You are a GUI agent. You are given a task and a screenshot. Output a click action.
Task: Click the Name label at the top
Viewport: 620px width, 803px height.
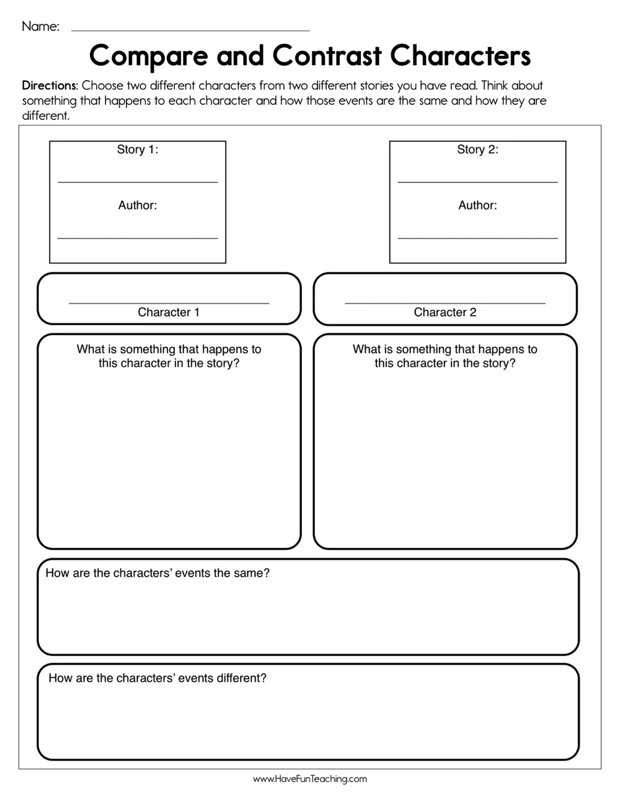pos(40,26)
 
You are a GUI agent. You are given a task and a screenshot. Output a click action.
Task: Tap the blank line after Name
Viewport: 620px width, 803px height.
pos(190,30)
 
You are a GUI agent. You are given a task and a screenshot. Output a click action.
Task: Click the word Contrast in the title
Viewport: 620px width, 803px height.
pos(327,56)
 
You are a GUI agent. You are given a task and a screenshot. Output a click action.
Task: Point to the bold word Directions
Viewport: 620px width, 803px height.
pos(50,86)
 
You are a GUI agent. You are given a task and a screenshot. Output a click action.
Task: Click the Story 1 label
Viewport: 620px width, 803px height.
pos(138,150)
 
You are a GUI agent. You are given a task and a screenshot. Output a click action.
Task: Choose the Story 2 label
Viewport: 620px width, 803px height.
pos(477,150)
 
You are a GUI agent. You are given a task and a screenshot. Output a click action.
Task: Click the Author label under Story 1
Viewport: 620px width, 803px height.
pos(138,205)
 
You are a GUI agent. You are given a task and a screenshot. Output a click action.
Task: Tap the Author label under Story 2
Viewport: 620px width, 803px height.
pos(477,205)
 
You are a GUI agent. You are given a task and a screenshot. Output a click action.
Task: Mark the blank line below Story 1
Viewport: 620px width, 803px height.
pos(138,182)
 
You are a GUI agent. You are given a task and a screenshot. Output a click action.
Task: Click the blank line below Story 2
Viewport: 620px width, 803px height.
pos(477,182)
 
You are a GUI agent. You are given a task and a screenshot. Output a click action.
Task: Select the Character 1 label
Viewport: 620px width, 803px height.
pos(169,312)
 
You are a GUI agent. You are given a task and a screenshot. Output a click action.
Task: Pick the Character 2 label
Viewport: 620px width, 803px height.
pos(445,312)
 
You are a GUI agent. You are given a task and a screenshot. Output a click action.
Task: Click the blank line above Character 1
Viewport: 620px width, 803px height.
pos(169,302)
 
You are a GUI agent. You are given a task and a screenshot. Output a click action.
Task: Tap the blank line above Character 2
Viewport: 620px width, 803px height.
pos(445,302)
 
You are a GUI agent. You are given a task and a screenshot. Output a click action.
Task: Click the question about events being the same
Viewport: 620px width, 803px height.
pos(157,573)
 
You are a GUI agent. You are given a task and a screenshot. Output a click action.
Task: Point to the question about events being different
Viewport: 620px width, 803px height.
pos(157,678)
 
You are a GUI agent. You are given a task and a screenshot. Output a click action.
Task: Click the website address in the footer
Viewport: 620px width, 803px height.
pos(310,779)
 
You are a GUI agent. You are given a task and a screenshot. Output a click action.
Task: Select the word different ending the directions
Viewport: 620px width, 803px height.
pos(45,115)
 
